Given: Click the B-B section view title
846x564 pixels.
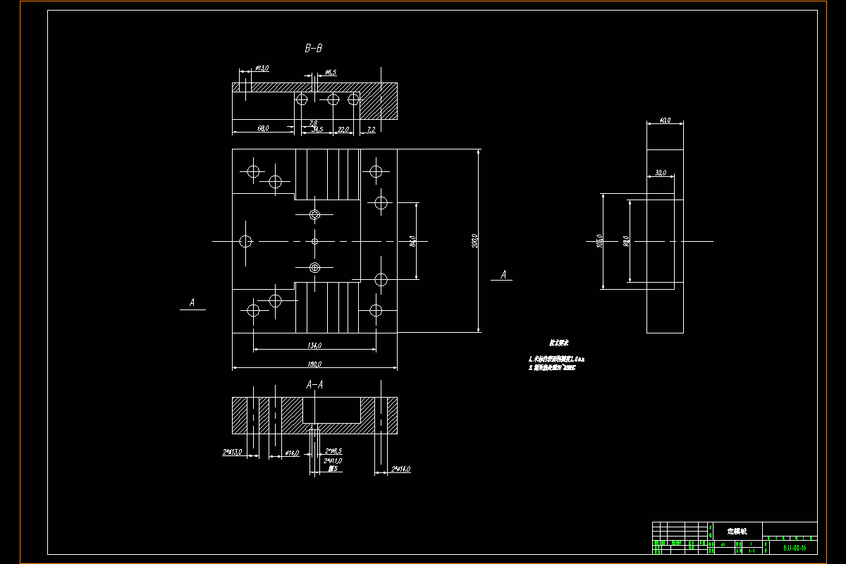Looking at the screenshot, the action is (x=314, y=49).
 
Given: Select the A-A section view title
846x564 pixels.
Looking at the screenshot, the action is (x=314, y=385).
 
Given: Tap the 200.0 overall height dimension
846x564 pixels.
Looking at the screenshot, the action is (x=474, y=241).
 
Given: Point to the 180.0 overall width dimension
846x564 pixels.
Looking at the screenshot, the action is (x=314, y=364).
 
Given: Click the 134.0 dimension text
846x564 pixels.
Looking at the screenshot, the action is (x=314, y=345).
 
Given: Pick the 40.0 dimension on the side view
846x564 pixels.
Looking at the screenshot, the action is (x=664, y=121).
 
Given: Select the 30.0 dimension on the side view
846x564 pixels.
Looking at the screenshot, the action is (x=661, y=173).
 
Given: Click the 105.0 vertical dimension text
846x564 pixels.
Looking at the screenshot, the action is (x=600, y=241).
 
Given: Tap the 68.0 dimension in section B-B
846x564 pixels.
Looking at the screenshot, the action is (x=262, y=129).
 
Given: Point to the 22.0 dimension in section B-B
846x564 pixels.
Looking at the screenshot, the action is (x=343, y=129).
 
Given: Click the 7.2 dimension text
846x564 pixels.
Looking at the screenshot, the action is (x=371, y=129).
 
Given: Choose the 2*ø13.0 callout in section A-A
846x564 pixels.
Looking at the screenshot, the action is (x=233, y=452).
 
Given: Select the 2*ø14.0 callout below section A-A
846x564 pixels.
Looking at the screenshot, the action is (x=401, y=469).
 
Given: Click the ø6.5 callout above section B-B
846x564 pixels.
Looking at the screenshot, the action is (x=330, y=72).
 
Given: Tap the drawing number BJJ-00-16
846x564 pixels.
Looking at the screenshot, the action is (x=795, y=547).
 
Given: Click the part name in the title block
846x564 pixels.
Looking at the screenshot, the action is (x=736, y=530).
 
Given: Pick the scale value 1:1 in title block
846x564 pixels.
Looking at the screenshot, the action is (x=752, y=550).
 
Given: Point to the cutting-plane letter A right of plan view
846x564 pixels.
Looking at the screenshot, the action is (x=503, y=275).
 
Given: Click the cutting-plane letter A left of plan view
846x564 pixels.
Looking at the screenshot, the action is (x=192, y=303).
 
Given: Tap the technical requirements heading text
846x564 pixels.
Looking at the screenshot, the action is (x=560, y=343).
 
